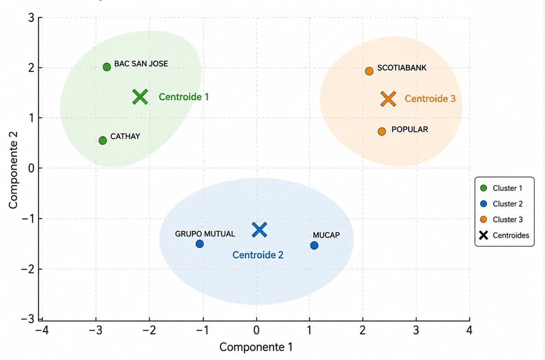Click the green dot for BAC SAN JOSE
click(107, 67)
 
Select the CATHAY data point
click(103, 141)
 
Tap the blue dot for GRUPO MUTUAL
click(200, 244)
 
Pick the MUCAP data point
click(314, 246)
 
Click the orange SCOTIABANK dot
click(369, 71)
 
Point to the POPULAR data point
click(381, 131)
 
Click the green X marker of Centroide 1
click(141, 97)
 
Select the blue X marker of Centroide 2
click(259, 230)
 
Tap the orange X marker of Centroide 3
click(388, 99)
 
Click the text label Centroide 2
click(258, 255)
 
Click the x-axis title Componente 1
click(256, 347)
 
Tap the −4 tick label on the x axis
click(42, 330)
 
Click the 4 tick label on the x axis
click(469, 330)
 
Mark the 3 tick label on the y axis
click(31, 17)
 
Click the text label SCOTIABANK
click(402, 68)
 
